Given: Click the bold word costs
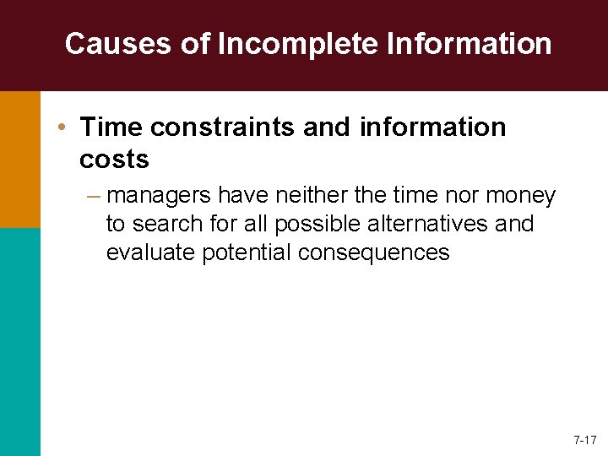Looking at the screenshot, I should coord(114,158).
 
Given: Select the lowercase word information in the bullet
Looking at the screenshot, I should coord(433,128).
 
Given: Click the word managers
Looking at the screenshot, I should coord(160,196).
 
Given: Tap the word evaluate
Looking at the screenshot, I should coord(151,252).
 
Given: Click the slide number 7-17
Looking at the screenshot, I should coord(584,440).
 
